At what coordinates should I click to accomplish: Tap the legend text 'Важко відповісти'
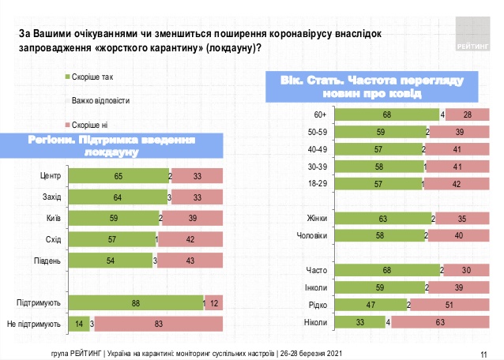point(100,101)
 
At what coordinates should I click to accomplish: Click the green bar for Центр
point(118,175)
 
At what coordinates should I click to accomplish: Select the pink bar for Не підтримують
point(160,324)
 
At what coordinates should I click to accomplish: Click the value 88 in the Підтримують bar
point(136,302)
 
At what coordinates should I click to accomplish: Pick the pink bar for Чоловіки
point(461,235)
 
